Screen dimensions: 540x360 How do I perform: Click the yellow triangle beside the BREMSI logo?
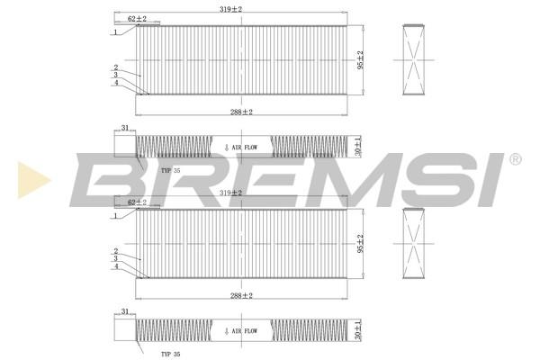point(32,180)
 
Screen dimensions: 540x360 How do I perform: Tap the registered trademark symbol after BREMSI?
point(515,159)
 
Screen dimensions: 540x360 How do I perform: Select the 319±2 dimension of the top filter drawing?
point(230,9)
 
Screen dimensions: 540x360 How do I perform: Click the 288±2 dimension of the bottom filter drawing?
point(241,295)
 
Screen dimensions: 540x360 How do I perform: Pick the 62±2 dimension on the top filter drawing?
point(137,19)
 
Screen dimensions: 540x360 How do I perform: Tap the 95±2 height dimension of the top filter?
point(360,60)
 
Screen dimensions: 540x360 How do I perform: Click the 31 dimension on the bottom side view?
point(125,311)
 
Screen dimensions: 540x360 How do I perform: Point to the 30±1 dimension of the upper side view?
point(358,146)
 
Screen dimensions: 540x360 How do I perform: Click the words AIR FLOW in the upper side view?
point(245,148)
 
